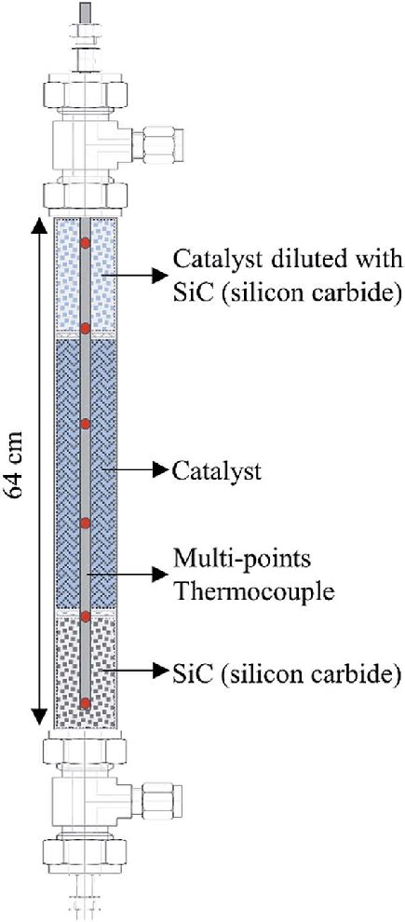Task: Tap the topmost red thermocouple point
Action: point(86,242)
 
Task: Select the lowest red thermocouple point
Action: point(86,702)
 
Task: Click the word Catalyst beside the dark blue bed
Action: point(216,471)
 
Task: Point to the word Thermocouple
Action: point(252,590)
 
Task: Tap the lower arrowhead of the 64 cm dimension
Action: point(39,716)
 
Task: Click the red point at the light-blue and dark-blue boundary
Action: point(86,328)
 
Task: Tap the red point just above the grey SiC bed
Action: point(86,617)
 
